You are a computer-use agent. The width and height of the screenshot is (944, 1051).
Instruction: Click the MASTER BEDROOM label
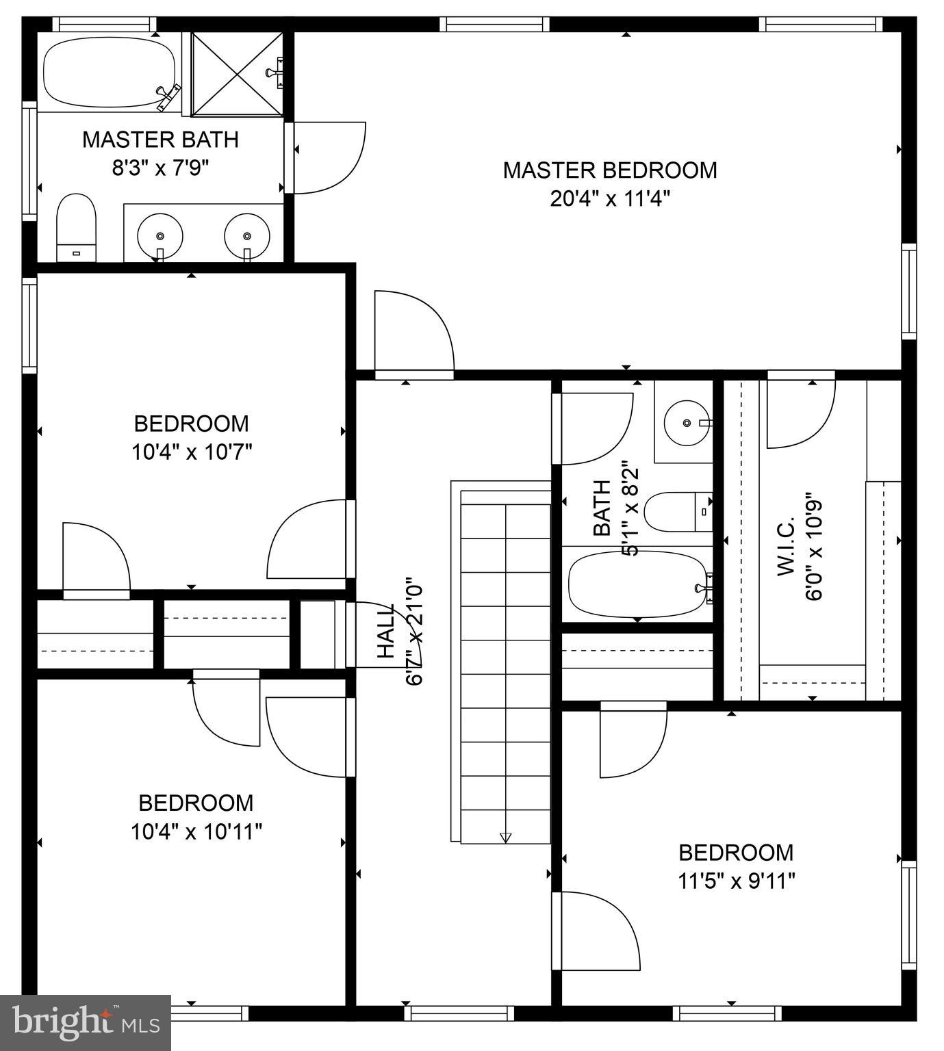[609, 170]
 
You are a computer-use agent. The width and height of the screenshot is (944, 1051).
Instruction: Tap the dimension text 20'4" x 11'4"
[609, 199]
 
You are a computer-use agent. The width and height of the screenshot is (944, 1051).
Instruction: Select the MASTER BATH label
[160, 140]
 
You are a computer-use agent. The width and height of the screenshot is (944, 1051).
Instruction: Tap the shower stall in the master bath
[236, 73]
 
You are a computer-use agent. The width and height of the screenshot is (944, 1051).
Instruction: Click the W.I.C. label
[786, 546]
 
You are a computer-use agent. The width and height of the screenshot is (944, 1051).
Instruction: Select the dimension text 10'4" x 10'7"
[192, 452]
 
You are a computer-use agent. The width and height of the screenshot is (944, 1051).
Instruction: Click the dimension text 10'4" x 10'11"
[196, 832]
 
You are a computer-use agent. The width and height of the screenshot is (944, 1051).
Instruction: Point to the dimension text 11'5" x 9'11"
[736, 881]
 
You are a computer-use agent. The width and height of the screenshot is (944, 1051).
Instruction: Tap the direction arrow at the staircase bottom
[506, 837]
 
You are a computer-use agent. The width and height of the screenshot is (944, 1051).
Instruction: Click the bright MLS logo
[86, 1023]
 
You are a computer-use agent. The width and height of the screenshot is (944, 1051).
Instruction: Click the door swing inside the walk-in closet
[799, 414]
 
